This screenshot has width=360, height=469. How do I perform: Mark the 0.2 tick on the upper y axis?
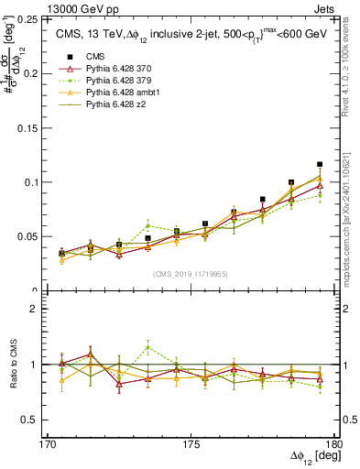[41, 73]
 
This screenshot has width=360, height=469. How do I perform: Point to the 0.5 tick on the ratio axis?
[40, 420]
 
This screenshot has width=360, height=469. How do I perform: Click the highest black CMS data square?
[320, 165]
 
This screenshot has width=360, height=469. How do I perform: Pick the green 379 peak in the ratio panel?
[147, 347]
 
